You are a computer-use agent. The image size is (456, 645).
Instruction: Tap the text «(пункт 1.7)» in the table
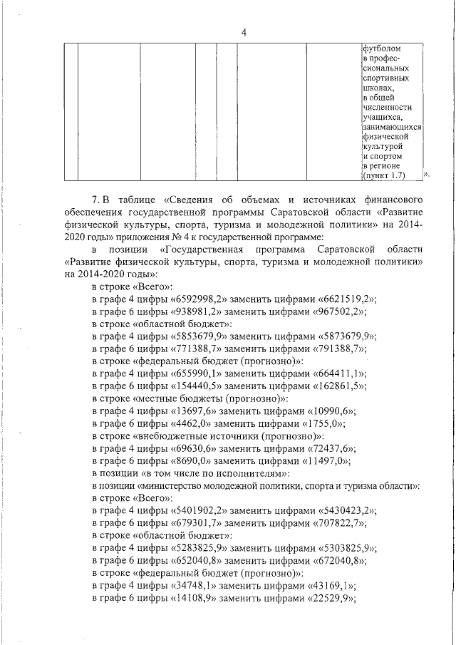pyautogui.click(x=384, y=175)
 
